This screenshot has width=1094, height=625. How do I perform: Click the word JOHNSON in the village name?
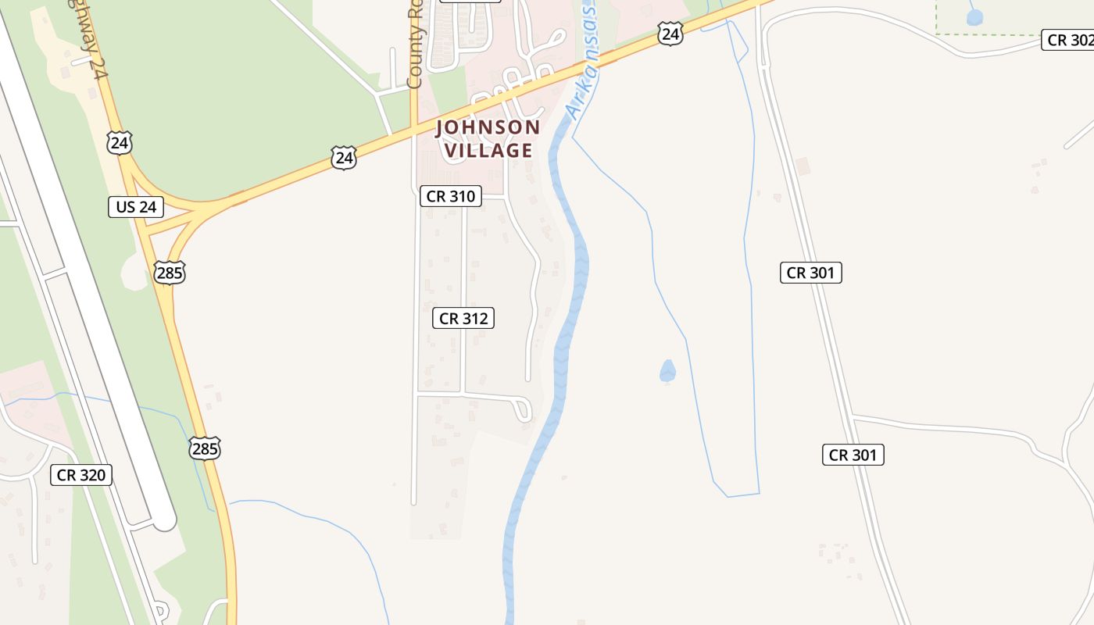tap(488, 127)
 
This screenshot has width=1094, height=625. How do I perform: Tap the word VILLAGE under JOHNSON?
tap(488, 150)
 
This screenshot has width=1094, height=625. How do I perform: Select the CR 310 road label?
tap(450, 196)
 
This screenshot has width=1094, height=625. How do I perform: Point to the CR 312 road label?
tap(463, 318)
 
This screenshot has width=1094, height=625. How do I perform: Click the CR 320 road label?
tap(81, 475)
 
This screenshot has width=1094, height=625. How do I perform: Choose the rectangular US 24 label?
tap(136, 207)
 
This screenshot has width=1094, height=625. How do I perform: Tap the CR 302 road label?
tap(1068, 41)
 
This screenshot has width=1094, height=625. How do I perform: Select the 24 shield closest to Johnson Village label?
tap(343, 158)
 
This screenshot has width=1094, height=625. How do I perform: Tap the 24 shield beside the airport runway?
tap(120, 143)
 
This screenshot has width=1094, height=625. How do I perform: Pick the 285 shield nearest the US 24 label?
tap(170, 273)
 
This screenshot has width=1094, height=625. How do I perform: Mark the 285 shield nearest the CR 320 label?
tap(205, 448)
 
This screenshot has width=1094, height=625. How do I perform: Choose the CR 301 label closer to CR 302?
tap(811, 273)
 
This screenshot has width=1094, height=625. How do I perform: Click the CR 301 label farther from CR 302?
tap(853, 455)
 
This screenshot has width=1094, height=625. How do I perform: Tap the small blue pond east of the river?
tap(667, 371)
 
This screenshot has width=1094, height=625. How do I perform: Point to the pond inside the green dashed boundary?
tap(974, 16)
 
